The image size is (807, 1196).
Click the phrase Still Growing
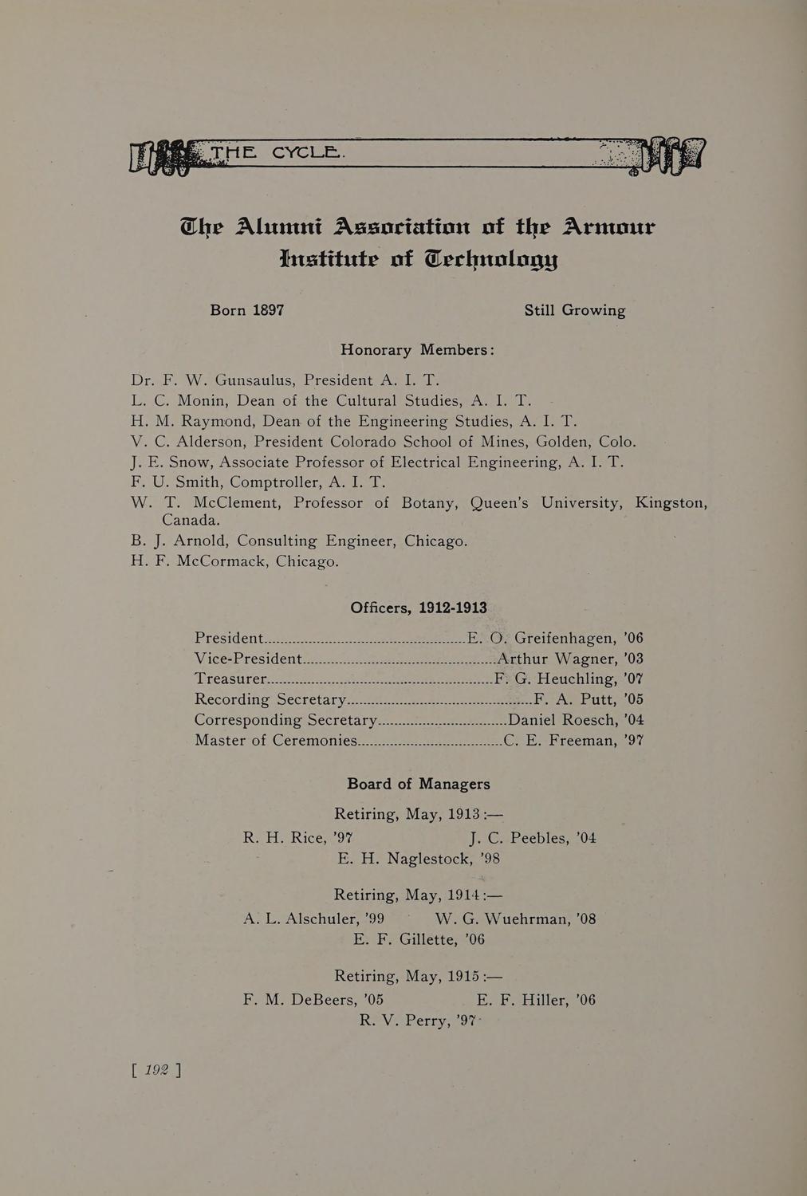tap(574, 310)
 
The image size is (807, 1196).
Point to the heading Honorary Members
tap(418, 350)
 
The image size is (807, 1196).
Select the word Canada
tap(191, 520)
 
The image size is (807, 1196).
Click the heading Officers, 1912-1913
tap(418, 608)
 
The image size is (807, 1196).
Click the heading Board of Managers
tap(418, 784)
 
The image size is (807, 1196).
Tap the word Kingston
tap(671, 503)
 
